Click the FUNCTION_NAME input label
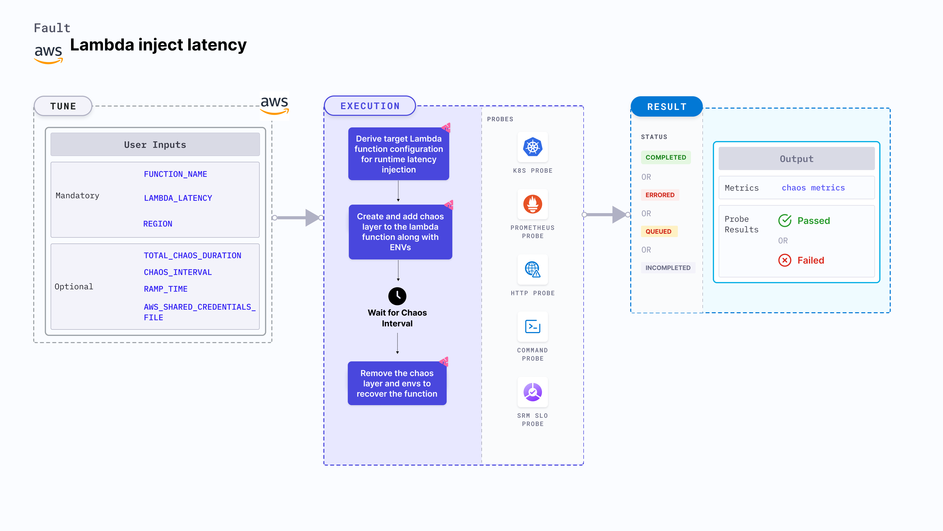pyautogui.click(x=175, y=174)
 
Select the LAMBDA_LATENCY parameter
pyautogui.click(x=178, y=198)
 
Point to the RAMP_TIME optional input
pyautogui.click(x=166, y=289)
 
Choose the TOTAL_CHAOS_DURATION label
pyautogui.click(x=192, y=255)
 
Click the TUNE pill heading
pyautogui.click(x=63, y=106)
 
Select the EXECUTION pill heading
pyautogui.click(x=370, y=106)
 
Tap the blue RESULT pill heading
pyautogui.click(x=666, y=107)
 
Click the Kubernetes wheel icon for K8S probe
pyautogui.click(x=532, y=147)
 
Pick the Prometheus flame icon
pyautogui.click(x=532, y=204)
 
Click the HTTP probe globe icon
pyautogui.click(x=532, y=269)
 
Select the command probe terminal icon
pyautogui.click(x=532, y=326)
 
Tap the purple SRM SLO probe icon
pyautogui.click(x=532, y=392)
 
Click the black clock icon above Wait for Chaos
pyautogui.click(x=397, y=296)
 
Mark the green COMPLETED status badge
pyautogui.click(x=665, y=157)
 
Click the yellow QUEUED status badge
pyautogui.click(x=658, y=231)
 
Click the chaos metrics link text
pyautogui.click(x=813, y=188)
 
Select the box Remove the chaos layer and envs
pyautogui.click(x=397, y=383)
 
